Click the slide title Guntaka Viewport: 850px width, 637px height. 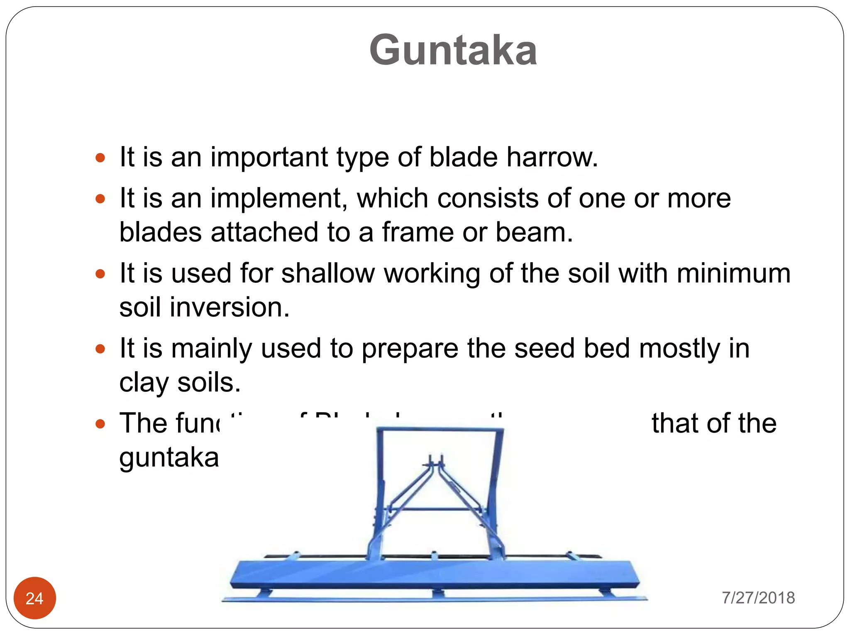[453, 50]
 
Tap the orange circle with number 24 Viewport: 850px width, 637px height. [34, 598]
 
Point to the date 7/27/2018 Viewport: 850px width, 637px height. [758, 598]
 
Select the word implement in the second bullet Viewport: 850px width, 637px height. [278, 199]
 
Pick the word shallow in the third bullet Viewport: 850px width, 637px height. [328, 274]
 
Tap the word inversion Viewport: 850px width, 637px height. [229, 307]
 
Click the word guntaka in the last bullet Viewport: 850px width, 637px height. [169, 457]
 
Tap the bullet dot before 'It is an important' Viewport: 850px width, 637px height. [100, 158]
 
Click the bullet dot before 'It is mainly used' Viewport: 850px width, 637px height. [100, 349]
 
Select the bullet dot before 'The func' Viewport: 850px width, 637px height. [100, 424]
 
